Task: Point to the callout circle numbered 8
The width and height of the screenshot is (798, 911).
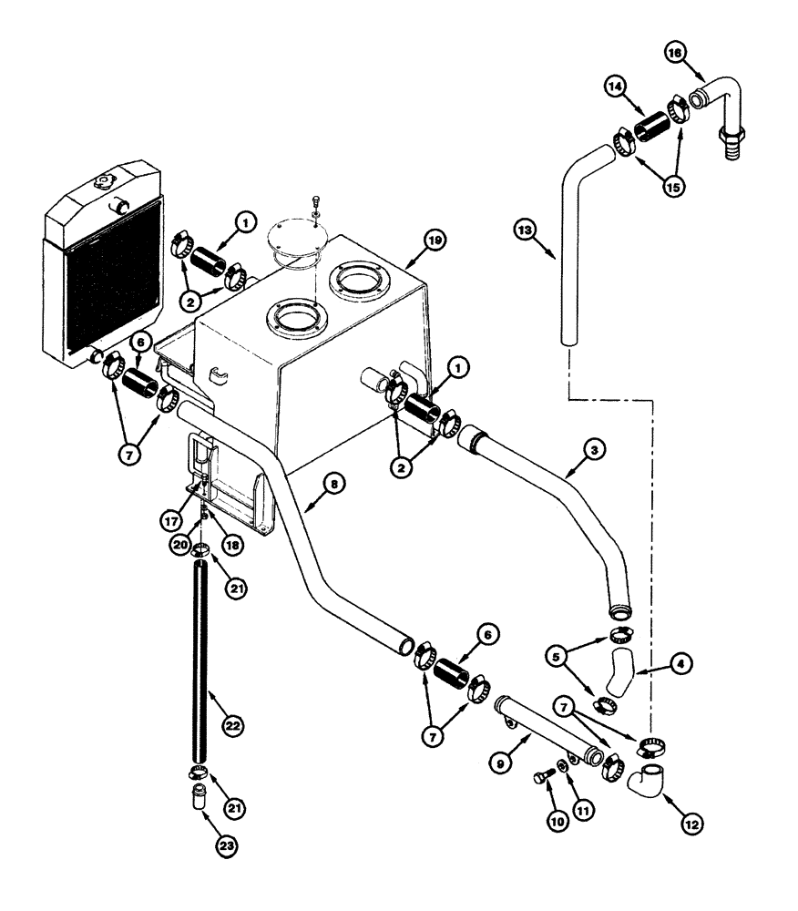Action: pyautogui.click(x=336, y=486)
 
